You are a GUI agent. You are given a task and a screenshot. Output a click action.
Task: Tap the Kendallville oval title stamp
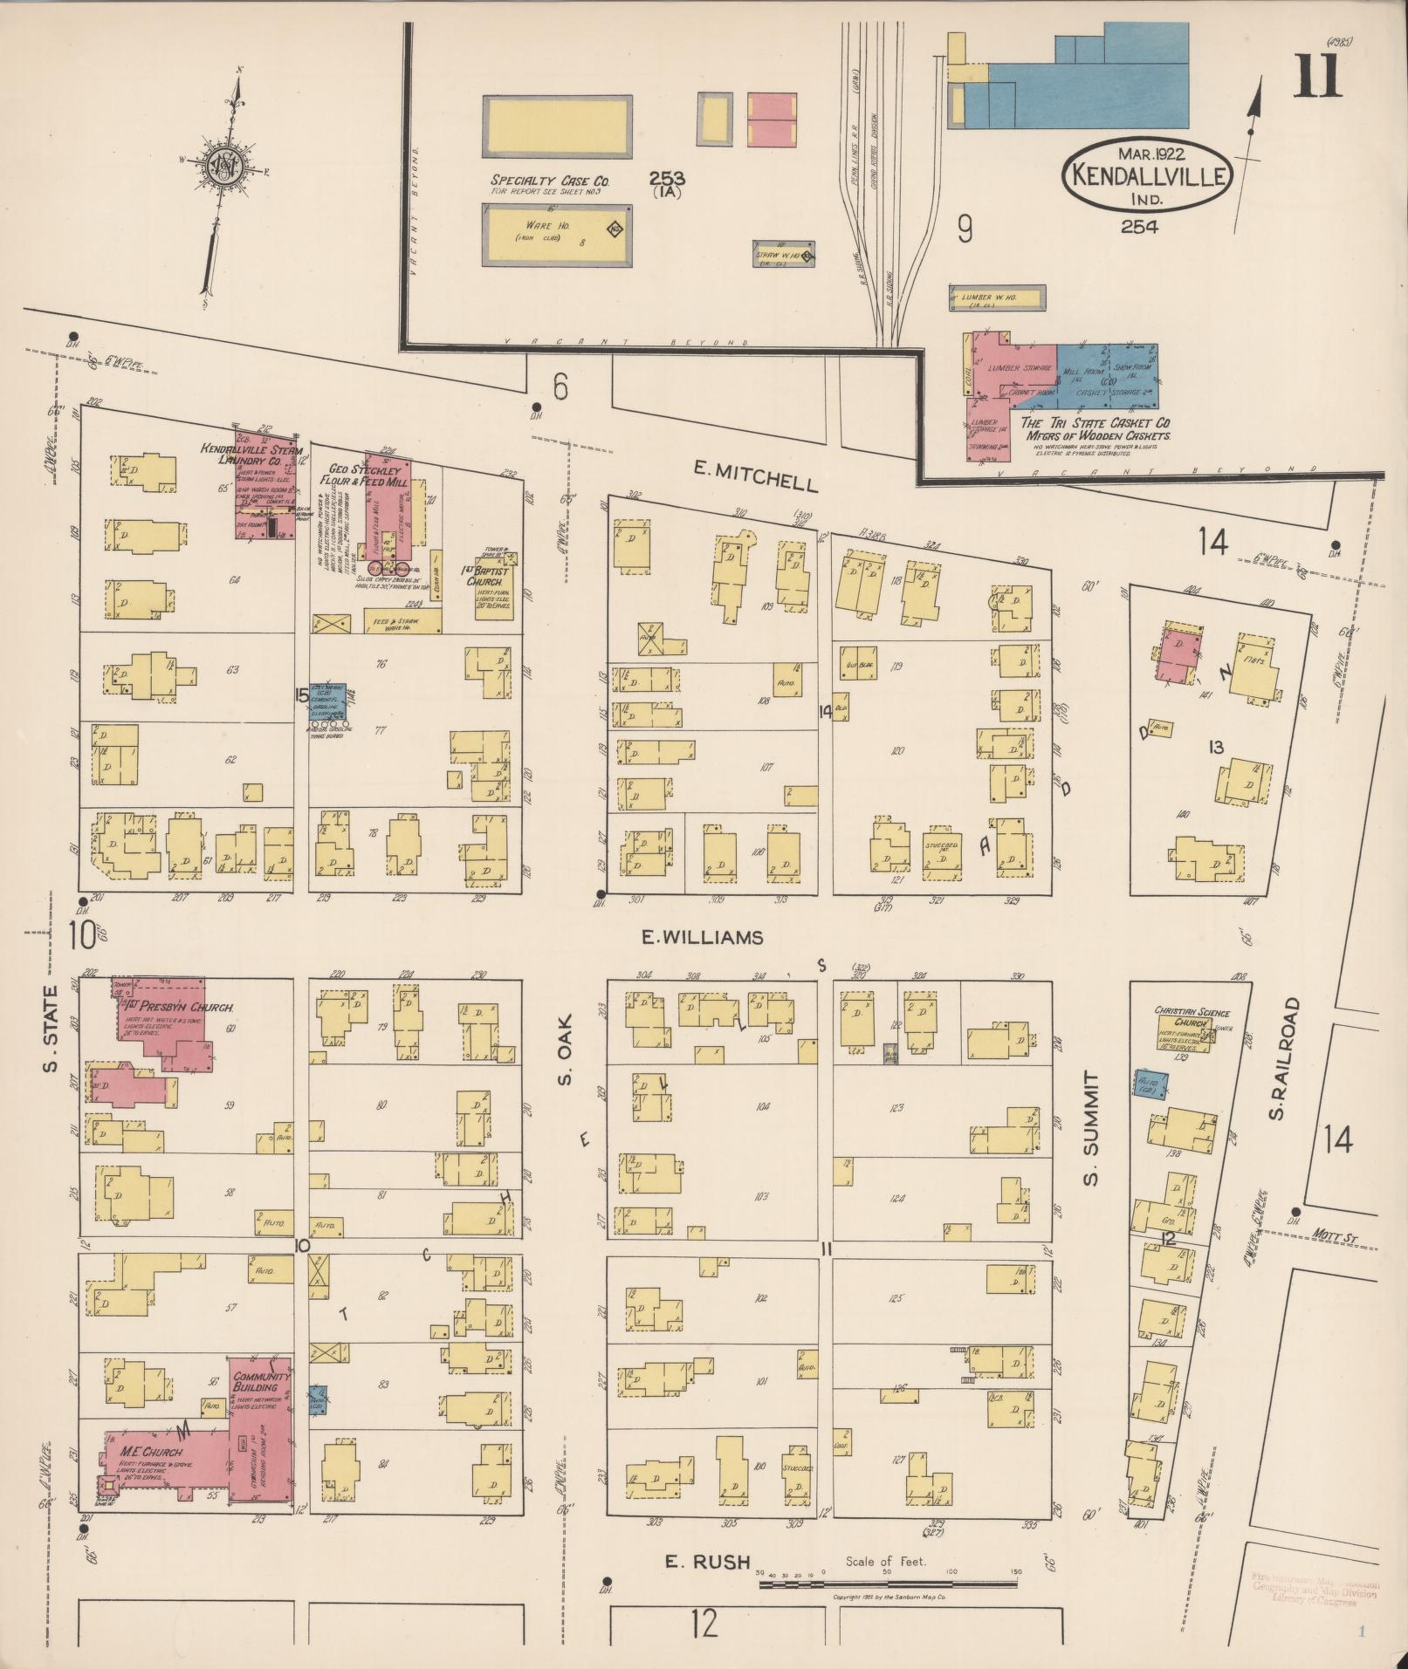coord(1146,173)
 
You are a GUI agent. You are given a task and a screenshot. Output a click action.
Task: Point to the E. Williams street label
coord(702,937)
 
